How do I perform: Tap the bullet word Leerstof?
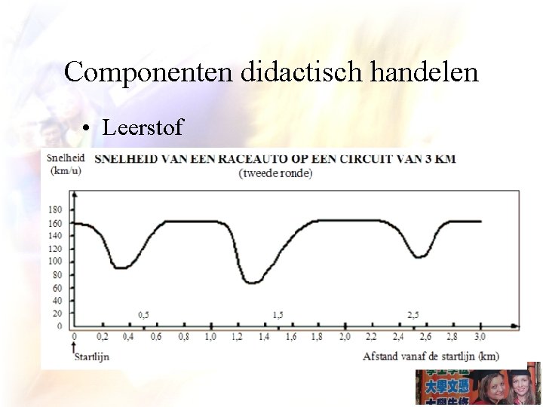[x=143, y=127]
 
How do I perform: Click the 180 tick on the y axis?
[x=56, y=210]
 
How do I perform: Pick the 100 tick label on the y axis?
[x=56, y=262]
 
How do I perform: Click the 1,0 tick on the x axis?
[x=210, y=338]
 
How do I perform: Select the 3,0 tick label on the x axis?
[x=480, y=338]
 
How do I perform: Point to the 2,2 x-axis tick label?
[x=372, y=338]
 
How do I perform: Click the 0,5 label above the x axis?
[x=144, y=314]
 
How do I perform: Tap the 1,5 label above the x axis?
[x=278, y=314]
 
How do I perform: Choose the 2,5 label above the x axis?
[x=413, y=314]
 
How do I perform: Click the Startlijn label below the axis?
[x=90, y=356]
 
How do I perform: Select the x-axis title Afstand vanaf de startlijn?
[x=430, y=356]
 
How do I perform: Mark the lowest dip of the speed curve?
[x=253, y=282]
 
